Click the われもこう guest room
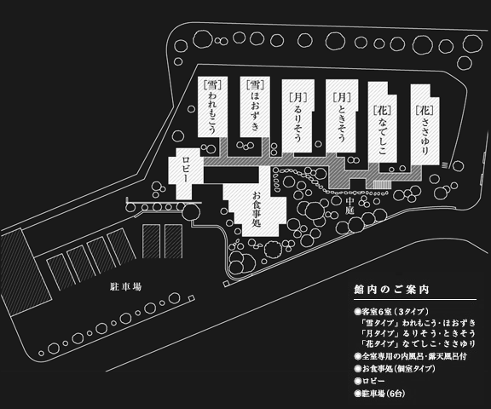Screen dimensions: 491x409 (212, 107)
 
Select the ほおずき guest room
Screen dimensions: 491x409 (255, 107)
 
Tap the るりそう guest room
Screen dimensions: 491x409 (297, 116)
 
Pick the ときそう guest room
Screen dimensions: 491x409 (342, 116)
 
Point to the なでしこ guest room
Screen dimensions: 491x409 (383, 123)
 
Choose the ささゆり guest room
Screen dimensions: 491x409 (425, 124)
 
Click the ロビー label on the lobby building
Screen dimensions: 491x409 (185, 170)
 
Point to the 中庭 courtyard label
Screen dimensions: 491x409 (349, 206)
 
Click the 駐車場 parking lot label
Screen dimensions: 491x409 (125, 286)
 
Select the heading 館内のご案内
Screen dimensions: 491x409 (391, 290)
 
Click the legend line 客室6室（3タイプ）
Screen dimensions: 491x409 (391, 312)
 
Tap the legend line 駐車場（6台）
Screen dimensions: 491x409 (379, 394)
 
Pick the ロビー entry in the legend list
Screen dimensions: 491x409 (369, 381)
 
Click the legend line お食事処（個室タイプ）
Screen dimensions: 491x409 (395, 369)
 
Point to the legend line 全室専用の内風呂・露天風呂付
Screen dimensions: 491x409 (411, 356)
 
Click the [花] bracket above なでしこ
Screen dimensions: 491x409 (383, 110)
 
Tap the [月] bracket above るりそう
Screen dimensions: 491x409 (297, 97)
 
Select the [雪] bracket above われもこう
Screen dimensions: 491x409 (212, 84)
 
